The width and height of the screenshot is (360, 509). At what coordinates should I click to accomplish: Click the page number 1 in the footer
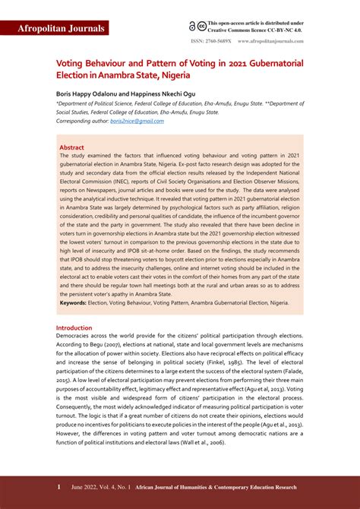pos(58,486)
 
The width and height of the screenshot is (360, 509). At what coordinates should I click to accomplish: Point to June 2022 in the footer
pos(86,486)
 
